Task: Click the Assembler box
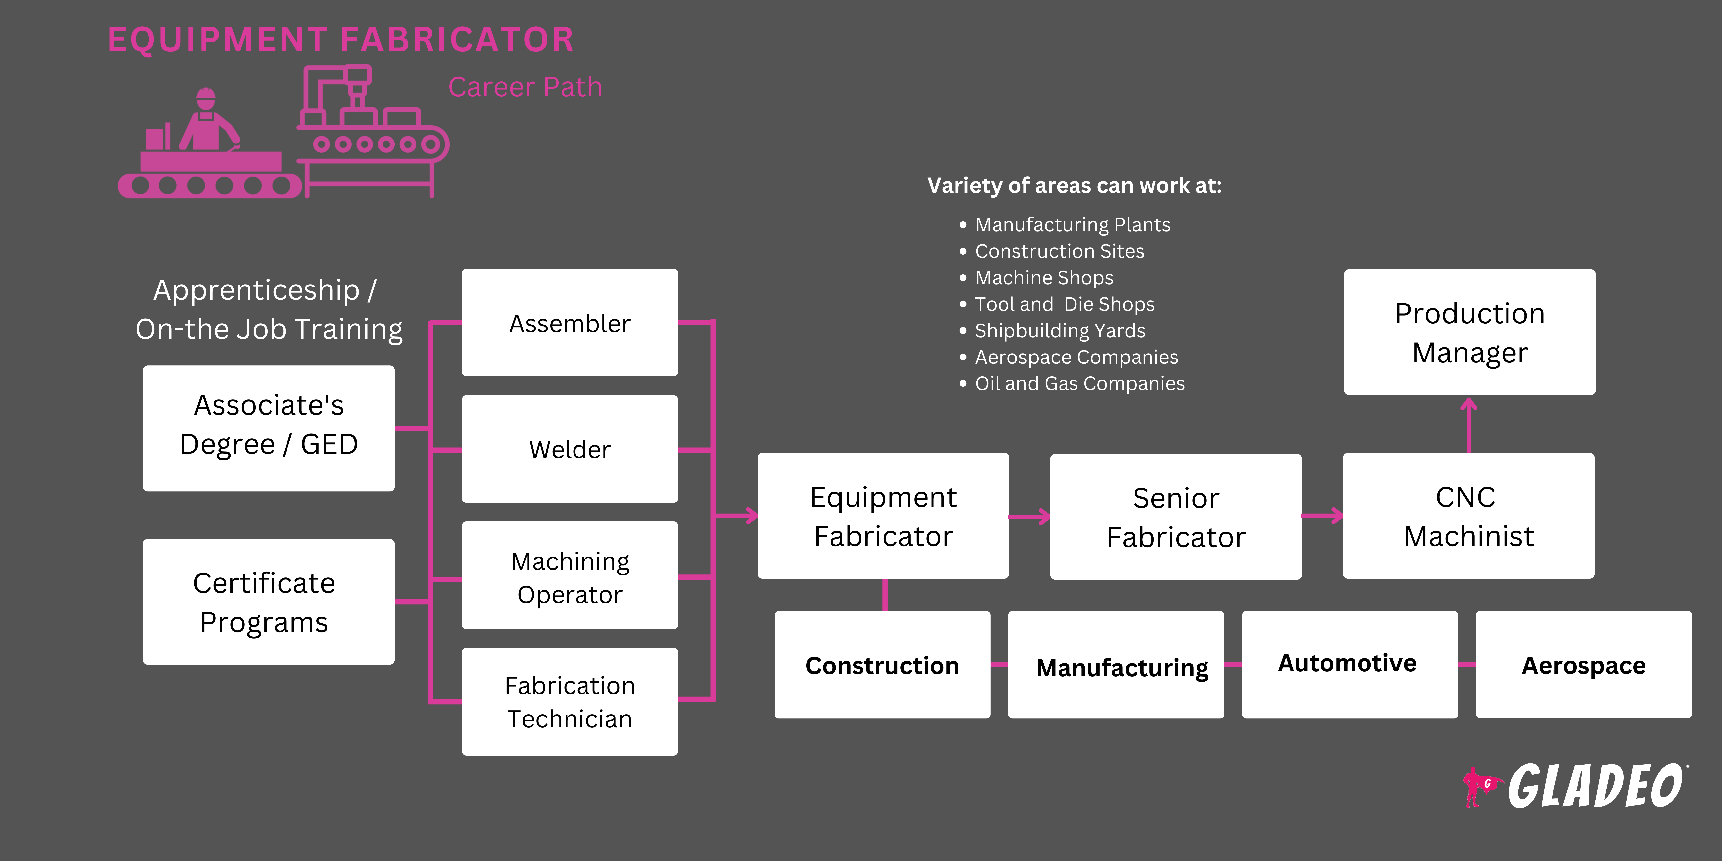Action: click(570, 323)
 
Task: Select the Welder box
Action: click(570, 449)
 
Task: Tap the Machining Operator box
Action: click(570, 575)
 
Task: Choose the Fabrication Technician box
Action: click(570, 702)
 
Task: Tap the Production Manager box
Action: click(1469, 332)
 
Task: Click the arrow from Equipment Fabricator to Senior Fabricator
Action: click(1029, 516)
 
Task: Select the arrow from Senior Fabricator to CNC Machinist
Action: click(1322, 515)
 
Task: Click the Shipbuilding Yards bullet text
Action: click(1060, 330)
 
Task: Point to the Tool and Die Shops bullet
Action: click(1064, 304)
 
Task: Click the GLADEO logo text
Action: click(1594, 786)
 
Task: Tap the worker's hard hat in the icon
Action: click(206, 95)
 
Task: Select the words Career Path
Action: click(525, 87)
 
